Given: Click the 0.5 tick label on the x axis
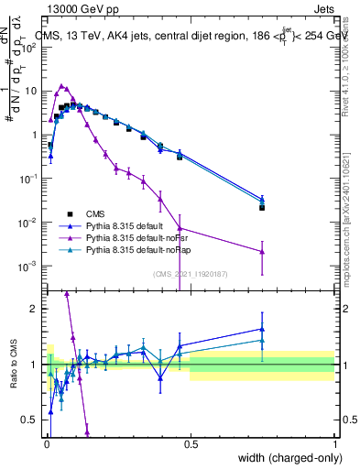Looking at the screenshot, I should [191, 442].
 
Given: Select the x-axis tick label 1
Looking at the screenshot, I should [335, 442].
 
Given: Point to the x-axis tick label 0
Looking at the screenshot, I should [47, 442].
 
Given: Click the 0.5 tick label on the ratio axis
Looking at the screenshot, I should [29, 420].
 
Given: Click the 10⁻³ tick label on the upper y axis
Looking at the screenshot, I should [27, 266].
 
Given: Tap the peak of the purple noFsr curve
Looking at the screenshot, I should [61, 85].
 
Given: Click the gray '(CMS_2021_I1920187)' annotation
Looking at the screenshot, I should [190, 273].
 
